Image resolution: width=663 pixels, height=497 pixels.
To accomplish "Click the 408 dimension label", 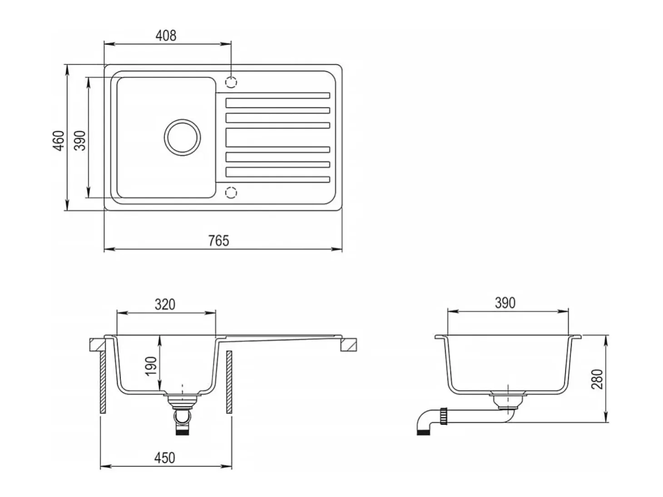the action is click(x=166, y=35).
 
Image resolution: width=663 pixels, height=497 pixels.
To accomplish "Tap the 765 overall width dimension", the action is click(x=219, y=241).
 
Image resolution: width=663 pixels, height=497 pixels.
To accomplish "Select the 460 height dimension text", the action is click(x=59, y=141).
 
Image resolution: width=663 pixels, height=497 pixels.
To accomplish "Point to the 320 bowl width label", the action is click(x=165, y=305).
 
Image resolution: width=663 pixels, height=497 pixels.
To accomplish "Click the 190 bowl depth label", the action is click(x=151, y=366).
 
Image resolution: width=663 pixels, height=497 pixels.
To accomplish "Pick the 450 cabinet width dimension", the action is click(x=165, y=458).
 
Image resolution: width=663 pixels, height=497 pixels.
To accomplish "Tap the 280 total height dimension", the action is click(x=597, y=379).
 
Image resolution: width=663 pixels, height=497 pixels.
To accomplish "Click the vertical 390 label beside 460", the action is click(x=80, y=141).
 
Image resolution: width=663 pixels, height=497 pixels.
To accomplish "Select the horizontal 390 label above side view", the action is click(x=505, y=303).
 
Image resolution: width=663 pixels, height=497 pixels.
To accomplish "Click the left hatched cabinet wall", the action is click(x=103, y=382).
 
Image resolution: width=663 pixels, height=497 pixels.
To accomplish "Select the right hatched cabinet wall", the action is click(x=229, y=382).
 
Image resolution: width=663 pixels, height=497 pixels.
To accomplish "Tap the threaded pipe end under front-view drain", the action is click(x=182, y=431).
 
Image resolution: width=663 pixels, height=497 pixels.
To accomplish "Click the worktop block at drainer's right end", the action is click(x=349, y=345).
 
